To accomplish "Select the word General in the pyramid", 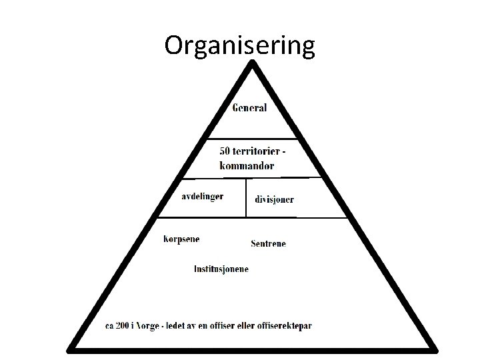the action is coord(249,108).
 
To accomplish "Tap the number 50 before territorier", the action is coord(225,152).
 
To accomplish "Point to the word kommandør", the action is coord(246,165).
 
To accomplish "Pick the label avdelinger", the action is coord(203,196).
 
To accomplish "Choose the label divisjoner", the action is coord(274,199).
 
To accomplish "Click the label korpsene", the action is coord(181,239).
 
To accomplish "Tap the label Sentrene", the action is coord(268,244).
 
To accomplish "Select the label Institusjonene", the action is coord(221,269).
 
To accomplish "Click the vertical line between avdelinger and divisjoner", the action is coord(246,197).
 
